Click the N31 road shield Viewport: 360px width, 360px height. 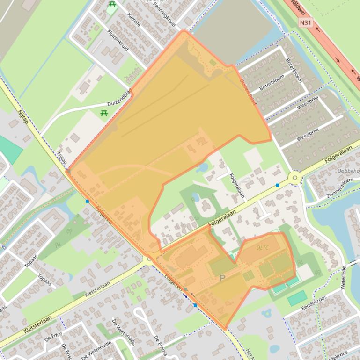pyautogui.click(x=305, y=22)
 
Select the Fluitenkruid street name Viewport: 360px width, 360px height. pyautogui.click(x=117, y=40)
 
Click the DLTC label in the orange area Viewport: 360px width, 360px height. pyautogui.click(x=263, y=247)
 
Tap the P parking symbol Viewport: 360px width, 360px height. pyautogui.click(x=222, y=278)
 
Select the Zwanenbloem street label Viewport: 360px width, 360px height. pyautogui.click(x=340, y=187)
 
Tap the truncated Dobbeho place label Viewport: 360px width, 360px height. pyautogui.click(x=348, y=171)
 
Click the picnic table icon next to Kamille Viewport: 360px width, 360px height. pyautogui.click(x=112, y=5)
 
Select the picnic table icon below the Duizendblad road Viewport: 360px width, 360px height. pyautogui.click(x=104, y=113)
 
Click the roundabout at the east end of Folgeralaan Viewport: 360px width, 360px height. pyautogui.click(x=294, y=178)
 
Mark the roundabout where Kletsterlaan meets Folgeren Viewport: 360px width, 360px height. pyautogui.click(x=149, y=259)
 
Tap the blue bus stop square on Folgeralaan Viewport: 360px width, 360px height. pyautogui.click(x=278, y=185)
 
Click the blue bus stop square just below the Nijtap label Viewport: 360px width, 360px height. pyautogui.click(x=88, y=201)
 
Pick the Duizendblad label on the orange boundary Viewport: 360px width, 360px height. pyautogui.click(x=248, y=91)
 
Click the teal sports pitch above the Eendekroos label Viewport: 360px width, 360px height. pyautogui.click(x=297, y=298)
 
